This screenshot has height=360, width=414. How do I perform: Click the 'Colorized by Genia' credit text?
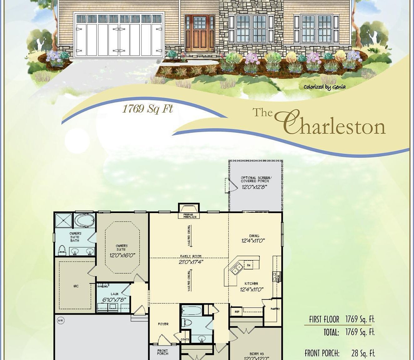324,87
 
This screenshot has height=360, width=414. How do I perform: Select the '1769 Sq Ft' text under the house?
147,109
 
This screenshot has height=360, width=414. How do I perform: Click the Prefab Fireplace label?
190,216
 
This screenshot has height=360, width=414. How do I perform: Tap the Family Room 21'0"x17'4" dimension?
191,262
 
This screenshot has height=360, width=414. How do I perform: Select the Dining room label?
254,236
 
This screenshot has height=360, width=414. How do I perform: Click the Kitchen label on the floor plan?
251,283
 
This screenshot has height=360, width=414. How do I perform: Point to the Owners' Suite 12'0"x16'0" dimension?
122,255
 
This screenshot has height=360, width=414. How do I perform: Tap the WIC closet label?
76,286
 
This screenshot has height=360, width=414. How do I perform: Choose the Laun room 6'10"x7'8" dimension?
114,299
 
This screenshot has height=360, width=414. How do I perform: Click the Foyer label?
163,324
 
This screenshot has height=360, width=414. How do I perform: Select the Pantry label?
275,309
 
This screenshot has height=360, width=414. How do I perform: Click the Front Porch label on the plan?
163,352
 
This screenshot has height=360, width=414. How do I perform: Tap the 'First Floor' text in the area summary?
324,319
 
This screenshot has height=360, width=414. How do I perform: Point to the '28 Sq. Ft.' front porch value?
363,353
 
